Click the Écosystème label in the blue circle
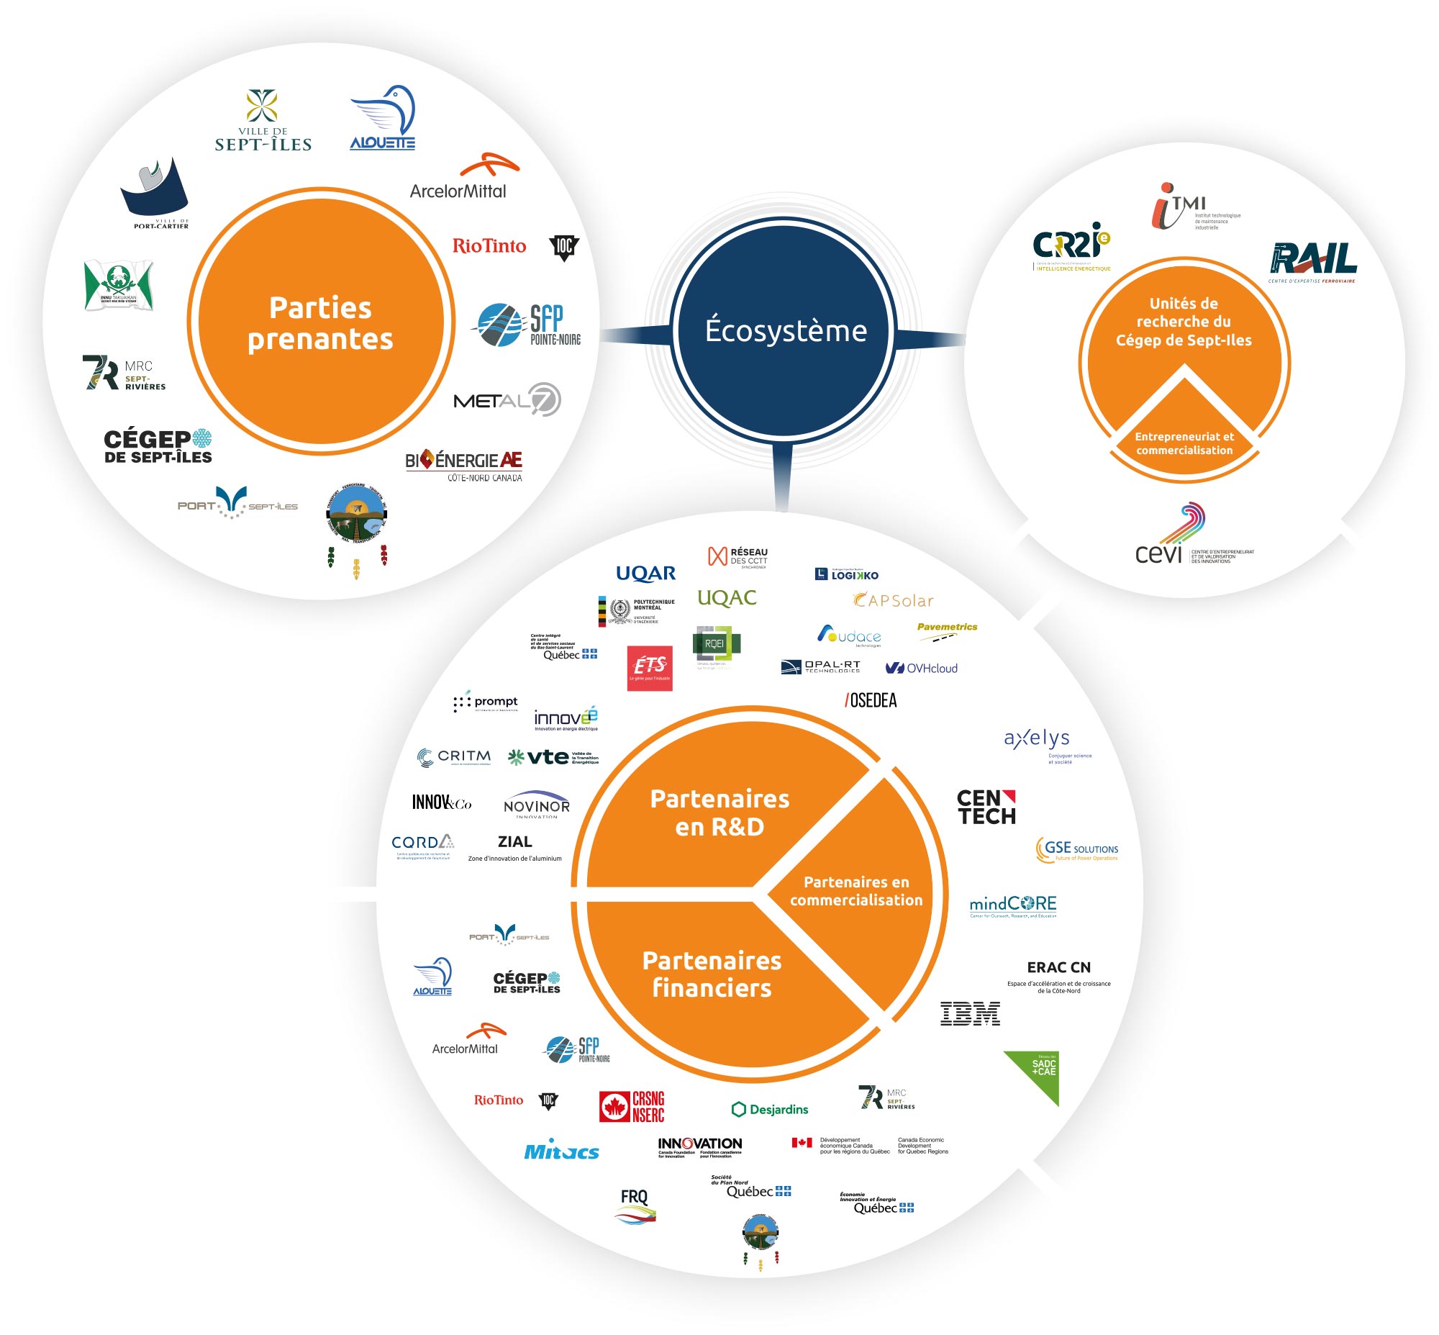pyautogui.click(x=785, y=330)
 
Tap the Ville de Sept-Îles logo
pyautogui.click(x=263, y=121)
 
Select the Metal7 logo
pyautogui.click(x=507, y=399)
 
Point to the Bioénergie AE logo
pyautogui.click(x=464, y=465)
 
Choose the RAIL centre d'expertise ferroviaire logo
pyautogui.click(x=1312, y=262)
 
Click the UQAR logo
pyautogui.click(x=646, y=574)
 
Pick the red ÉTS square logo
pyautogui.click(x=650, y=668)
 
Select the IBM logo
pyautogui.click(x=970, y=1013)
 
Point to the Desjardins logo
pyautogui.click(x=770, y=1109)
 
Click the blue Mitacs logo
pyautogui.click(x=561, y=1151)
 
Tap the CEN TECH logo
pyautogui.click(x=986, y=807)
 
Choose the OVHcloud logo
pyautogui.click(x=922, y=669)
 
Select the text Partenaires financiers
pyautogui.click(x=712, y=974)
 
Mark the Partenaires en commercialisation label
pyautogui.click(x=856, y=891)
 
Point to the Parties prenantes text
pyautogui.click(x=320, y=323)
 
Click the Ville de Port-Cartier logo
pyautogui.click(x=156, y=193)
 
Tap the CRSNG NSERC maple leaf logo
pyautogui.click(x=632, y=1106)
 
